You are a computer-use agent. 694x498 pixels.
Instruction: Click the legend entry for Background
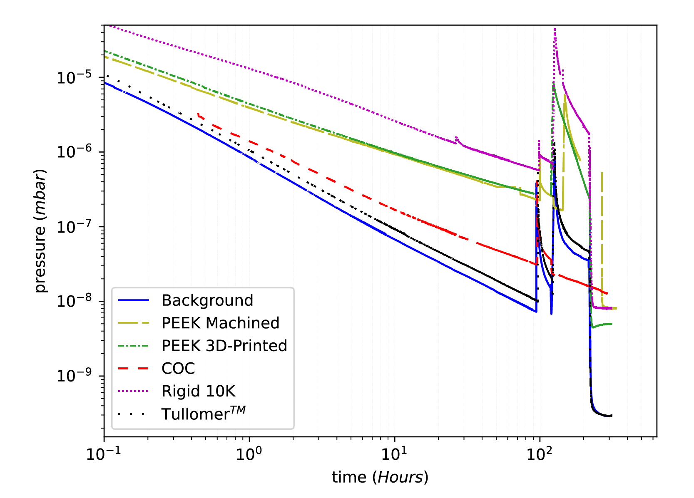(x=207, y=300)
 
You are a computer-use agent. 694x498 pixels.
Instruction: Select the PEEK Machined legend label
(x=220, y=323)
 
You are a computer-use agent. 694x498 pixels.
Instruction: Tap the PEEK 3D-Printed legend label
(x=224, y=346)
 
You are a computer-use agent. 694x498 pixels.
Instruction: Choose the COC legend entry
(x=178, y=369)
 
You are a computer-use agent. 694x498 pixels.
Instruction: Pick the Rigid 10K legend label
(x=198, y=391)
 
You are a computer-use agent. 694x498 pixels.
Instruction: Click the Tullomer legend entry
(x=203, y=414)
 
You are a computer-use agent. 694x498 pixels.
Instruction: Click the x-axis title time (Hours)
(x=380, y=477)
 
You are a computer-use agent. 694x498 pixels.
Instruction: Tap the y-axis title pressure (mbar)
(x=40, y=231)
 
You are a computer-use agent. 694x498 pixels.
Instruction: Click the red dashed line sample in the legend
(x=133, y=369)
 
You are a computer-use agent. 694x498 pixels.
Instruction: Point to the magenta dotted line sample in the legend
(x=133, y=391)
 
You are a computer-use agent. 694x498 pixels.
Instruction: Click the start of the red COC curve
(x=198, y=114)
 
